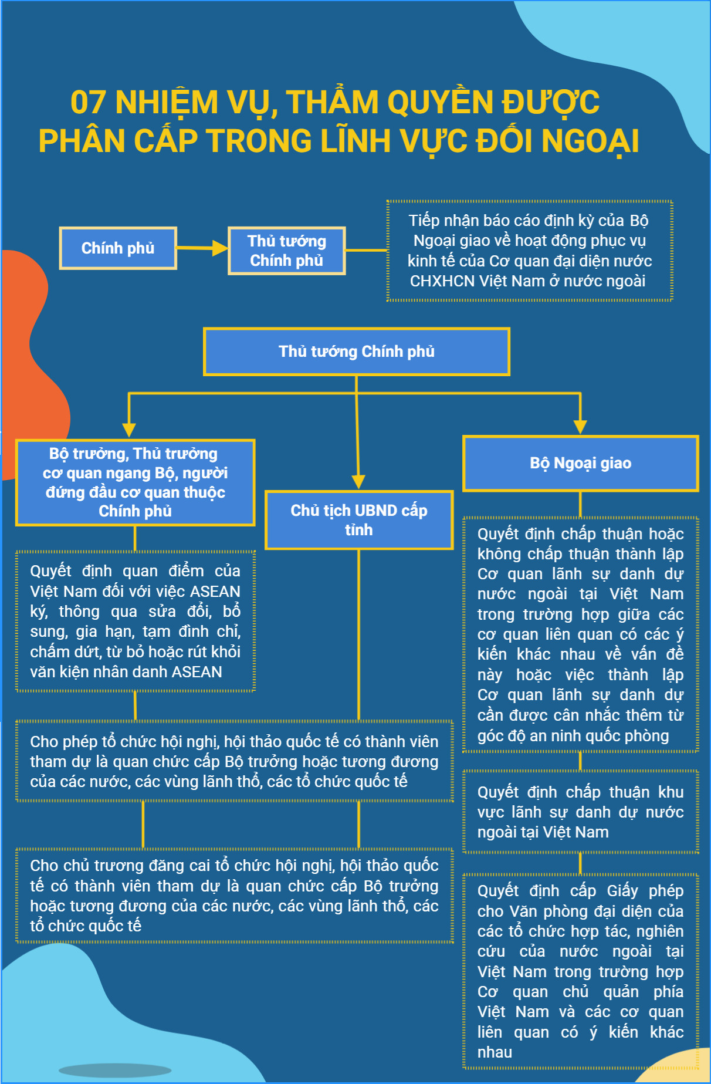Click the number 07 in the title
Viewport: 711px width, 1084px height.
point(88,102)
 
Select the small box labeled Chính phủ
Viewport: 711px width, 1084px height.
point(118,248)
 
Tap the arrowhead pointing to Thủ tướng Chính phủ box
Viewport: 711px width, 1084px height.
point(221,248)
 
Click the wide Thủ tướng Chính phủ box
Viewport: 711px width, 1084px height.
point(357,352)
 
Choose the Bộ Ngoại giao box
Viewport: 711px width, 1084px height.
point(581,463)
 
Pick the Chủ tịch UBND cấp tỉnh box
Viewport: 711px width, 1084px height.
point(359,520)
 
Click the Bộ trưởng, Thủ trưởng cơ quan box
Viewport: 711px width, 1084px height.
point(135,482)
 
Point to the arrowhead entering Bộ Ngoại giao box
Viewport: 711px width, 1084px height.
point(580,427)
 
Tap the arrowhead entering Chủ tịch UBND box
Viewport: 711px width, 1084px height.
point(358,482)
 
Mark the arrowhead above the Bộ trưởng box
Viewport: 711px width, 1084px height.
point(129,430)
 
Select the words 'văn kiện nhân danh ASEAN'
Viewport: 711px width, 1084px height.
point(126,672)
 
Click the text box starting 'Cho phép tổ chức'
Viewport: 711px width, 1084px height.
point(235,761)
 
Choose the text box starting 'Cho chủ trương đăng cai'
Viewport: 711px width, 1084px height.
point(235,896)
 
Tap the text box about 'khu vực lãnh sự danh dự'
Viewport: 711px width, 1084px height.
point(581,812)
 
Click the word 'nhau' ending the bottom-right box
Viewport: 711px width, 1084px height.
point(495,1052)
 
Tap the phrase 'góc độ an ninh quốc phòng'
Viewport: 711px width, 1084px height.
point(573,736)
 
